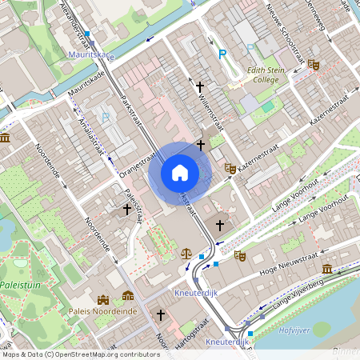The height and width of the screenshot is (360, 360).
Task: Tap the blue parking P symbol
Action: click(x=223, y=54)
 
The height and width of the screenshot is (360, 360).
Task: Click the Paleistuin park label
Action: click(x=22, y=284)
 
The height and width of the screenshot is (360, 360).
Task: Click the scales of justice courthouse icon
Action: click(x=186, y=251)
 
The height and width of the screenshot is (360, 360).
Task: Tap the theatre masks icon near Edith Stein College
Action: click(x=314, y=64)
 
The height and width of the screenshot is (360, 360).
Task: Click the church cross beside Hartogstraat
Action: click(x=160, y=315)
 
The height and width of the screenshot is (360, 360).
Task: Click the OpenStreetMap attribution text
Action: click(x=80, y=354)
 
